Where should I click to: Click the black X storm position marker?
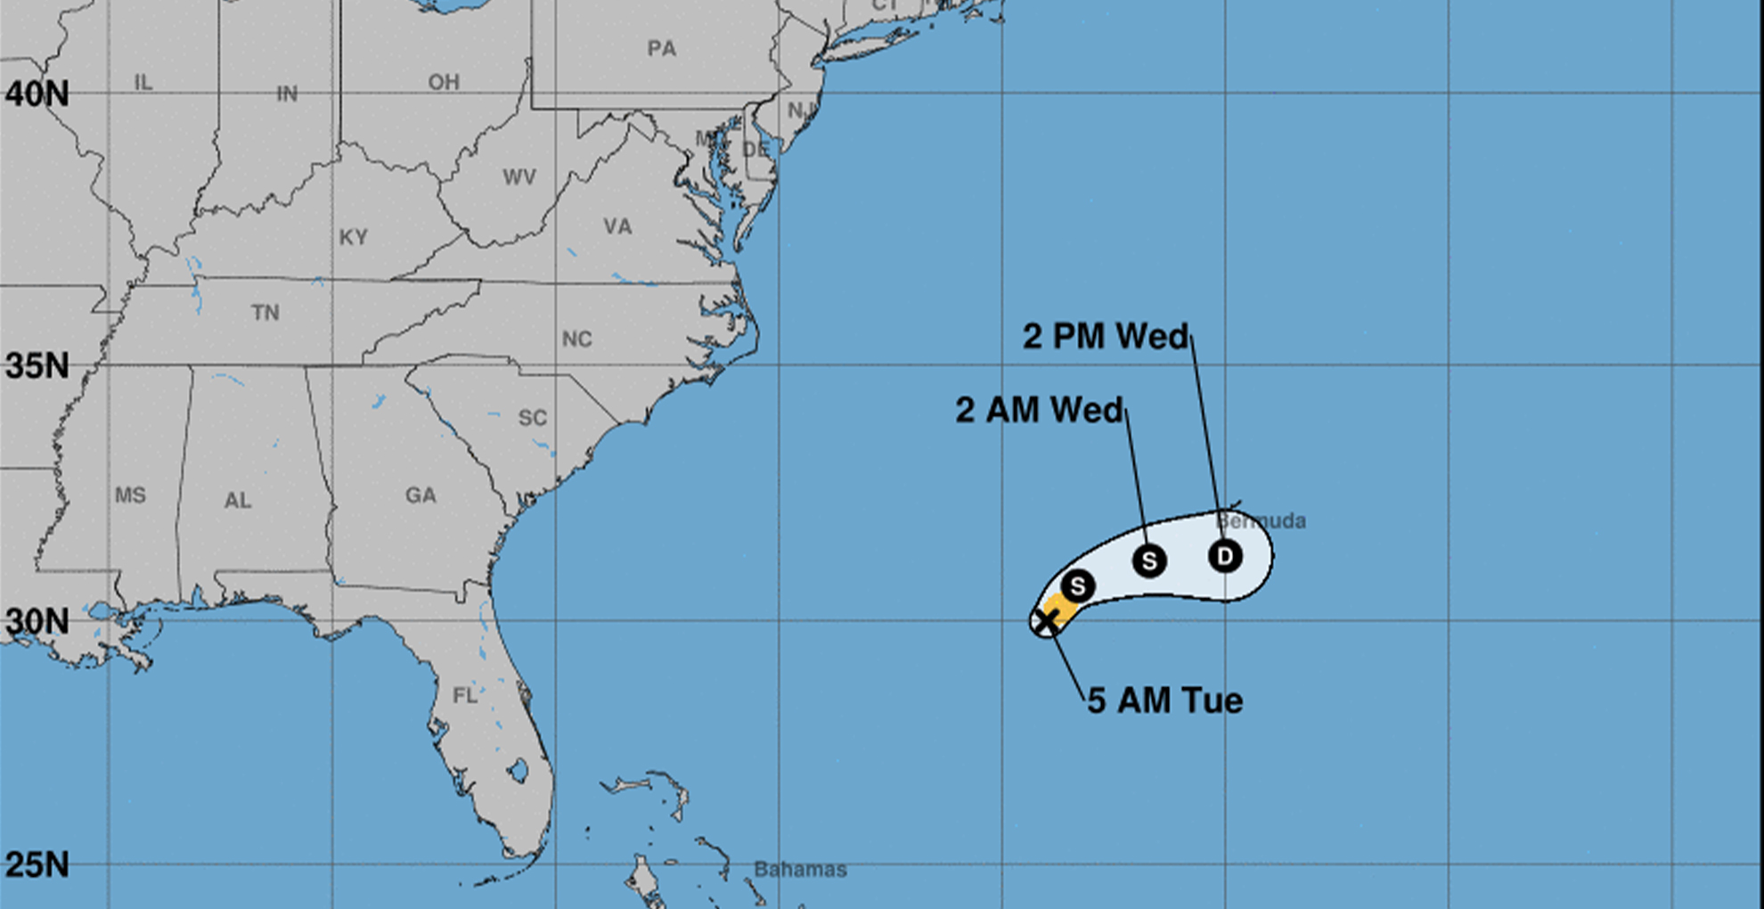click(1048, 620)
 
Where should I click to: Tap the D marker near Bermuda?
click(1225, 556)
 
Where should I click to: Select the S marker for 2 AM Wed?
click(1149, 561)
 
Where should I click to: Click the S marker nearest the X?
click(1078, 586)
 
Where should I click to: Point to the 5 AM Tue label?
click(1164, 700)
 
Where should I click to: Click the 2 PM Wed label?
click(1105, 336)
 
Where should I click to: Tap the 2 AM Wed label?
click(1039, 410)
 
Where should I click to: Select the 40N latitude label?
click(37, 94)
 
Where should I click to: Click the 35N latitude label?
click(37, 365)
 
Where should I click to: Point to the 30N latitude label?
click(37, 621)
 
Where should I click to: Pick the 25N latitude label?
click(37, 864)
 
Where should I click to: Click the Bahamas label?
click(800, 869)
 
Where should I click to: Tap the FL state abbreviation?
click(465, 695)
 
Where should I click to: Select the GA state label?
click(421, 495)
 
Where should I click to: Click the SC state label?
click(532, 417)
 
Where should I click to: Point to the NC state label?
click(576, 339)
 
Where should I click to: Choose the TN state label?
click(265, 312)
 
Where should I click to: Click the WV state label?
click(519, 176)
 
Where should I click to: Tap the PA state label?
click(661, 48)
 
